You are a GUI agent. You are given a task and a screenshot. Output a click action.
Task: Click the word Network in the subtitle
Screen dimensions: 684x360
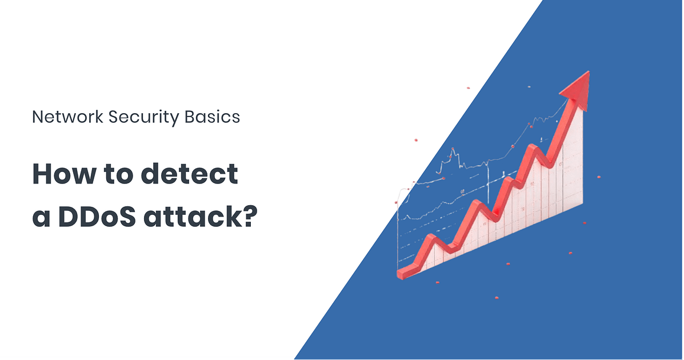pos(67,117)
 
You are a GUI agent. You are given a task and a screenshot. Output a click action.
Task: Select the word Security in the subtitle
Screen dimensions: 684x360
pos(143,118)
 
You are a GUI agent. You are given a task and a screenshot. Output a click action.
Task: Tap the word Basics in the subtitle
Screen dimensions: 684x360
pos(212,117)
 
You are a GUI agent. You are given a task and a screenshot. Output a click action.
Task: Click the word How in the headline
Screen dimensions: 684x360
pos(64,174)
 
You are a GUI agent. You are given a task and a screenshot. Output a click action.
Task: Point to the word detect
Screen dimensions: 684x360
pos(189,174)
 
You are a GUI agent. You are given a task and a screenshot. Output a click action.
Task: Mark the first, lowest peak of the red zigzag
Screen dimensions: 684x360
pos(431,238)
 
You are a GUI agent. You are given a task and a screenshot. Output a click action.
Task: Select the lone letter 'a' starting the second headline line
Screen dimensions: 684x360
pos(41,219)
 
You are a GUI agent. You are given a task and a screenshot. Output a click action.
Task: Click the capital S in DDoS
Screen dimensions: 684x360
pos(127,217)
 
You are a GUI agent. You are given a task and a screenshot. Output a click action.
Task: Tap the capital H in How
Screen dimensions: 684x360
pos(42,174)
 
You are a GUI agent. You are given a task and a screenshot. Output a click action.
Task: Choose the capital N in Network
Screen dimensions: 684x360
pos(38,117)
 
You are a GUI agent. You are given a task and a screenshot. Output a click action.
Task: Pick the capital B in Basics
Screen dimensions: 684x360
pos(189,117)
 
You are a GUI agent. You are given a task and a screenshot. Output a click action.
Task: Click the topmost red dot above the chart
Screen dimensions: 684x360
pos(469,87)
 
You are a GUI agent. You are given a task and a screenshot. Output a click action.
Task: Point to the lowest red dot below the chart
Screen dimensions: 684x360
pos(497,298)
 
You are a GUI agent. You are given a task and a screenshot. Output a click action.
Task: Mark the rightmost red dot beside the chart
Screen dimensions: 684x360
pos(599,177)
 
